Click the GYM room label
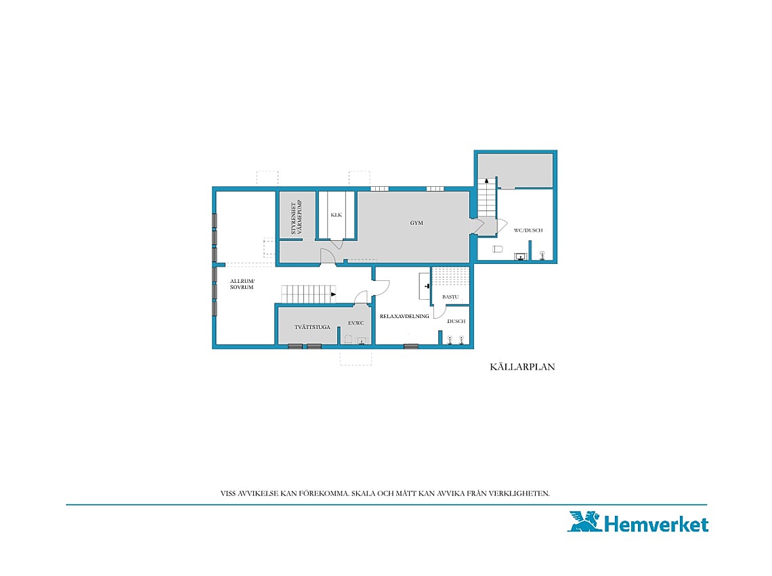416,223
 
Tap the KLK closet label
337,215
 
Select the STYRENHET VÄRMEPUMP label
297,217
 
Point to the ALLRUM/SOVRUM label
242,284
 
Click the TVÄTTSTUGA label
312,327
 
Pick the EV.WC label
356,323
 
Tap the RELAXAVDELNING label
404,316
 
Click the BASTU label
450,297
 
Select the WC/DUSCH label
528,230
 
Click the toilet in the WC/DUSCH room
498,249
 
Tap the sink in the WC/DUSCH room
520,257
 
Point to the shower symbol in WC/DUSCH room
542,255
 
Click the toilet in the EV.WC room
348,339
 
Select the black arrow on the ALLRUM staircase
333,294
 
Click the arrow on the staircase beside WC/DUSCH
487,181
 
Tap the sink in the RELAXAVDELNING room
425,286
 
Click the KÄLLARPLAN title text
522,367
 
